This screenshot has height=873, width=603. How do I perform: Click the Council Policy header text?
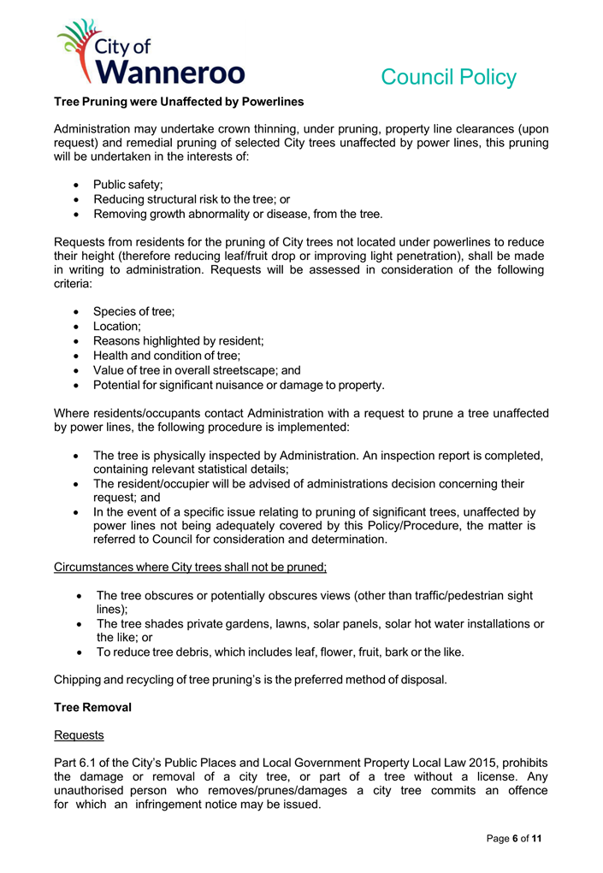pos(448,77)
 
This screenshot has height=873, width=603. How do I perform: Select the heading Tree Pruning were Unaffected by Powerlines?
pos(179,102)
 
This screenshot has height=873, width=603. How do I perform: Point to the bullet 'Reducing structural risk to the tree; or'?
pos(180,199)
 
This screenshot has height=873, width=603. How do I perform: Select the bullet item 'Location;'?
pos(117,327)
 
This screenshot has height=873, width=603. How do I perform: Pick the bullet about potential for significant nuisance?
pos(239,385)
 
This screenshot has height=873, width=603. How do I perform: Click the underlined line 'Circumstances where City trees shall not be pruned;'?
pos(190,567)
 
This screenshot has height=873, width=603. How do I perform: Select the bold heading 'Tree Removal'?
pos(92,708)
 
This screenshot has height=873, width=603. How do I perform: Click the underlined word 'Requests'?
pos(78,734)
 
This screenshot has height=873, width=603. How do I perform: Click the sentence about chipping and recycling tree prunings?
pos(250,680)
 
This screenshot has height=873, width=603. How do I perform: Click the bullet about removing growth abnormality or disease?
pos(238,214)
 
